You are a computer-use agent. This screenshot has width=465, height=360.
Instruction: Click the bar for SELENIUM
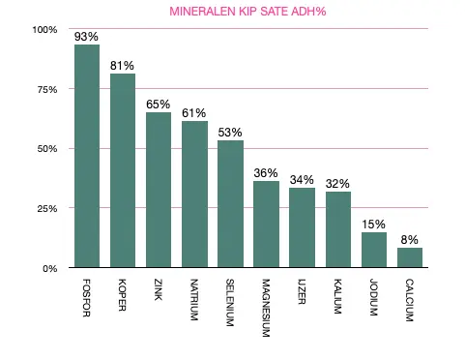[x=230, y=204]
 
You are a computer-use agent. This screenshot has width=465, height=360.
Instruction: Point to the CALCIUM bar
[x=409, y=257]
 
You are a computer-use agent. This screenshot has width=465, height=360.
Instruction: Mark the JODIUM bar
[x=373, y=250]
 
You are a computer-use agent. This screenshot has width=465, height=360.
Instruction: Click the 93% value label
[x=87, y=37]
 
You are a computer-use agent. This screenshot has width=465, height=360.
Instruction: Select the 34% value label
[x=302, y=179]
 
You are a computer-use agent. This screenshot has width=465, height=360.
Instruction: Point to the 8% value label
[x=410, y=239]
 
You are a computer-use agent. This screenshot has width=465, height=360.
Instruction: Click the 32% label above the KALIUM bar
[x=337, y=183]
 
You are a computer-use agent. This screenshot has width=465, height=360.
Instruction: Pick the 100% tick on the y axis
[x=44, y=30]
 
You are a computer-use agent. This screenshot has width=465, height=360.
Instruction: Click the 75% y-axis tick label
[x=47, y=89]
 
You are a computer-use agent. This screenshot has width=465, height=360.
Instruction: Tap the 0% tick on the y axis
[x=50, y=268]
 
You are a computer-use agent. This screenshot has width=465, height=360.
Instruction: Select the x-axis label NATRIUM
[x=193, y=301]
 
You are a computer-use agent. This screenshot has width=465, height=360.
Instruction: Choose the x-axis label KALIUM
[x=336, y=296]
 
